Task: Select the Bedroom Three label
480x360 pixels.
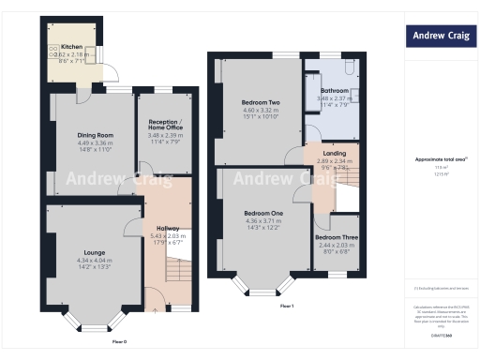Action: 334,237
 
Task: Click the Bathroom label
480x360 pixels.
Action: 333,91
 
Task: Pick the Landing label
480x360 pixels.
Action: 335,153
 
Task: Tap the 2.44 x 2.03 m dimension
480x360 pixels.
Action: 334,245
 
